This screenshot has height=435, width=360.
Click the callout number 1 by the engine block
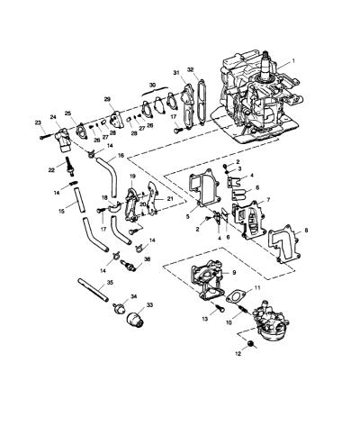click(293, 60)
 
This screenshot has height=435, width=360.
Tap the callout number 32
click(191, 69)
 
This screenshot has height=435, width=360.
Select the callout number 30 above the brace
click(153, 86)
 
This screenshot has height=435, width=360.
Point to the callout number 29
click(107, 99)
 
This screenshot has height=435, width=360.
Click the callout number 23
click(38, 122)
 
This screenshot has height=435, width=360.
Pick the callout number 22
click(51, 170)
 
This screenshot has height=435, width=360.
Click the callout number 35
click(110, 283)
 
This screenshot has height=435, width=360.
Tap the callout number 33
click(149, 305)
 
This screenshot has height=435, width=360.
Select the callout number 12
click(238, 354)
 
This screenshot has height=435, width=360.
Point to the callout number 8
click(306, 231)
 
